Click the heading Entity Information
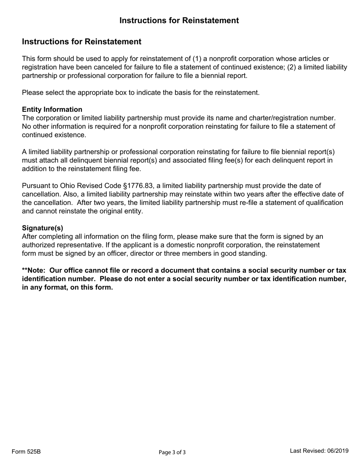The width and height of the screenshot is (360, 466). click(52, 109)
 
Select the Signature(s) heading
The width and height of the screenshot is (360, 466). click(42, 228)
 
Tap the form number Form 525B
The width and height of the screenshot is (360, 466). click(26, 452)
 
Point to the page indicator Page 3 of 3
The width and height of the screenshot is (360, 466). click(172, 452)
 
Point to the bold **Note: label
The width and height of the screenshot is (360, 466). click(35, 271)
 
